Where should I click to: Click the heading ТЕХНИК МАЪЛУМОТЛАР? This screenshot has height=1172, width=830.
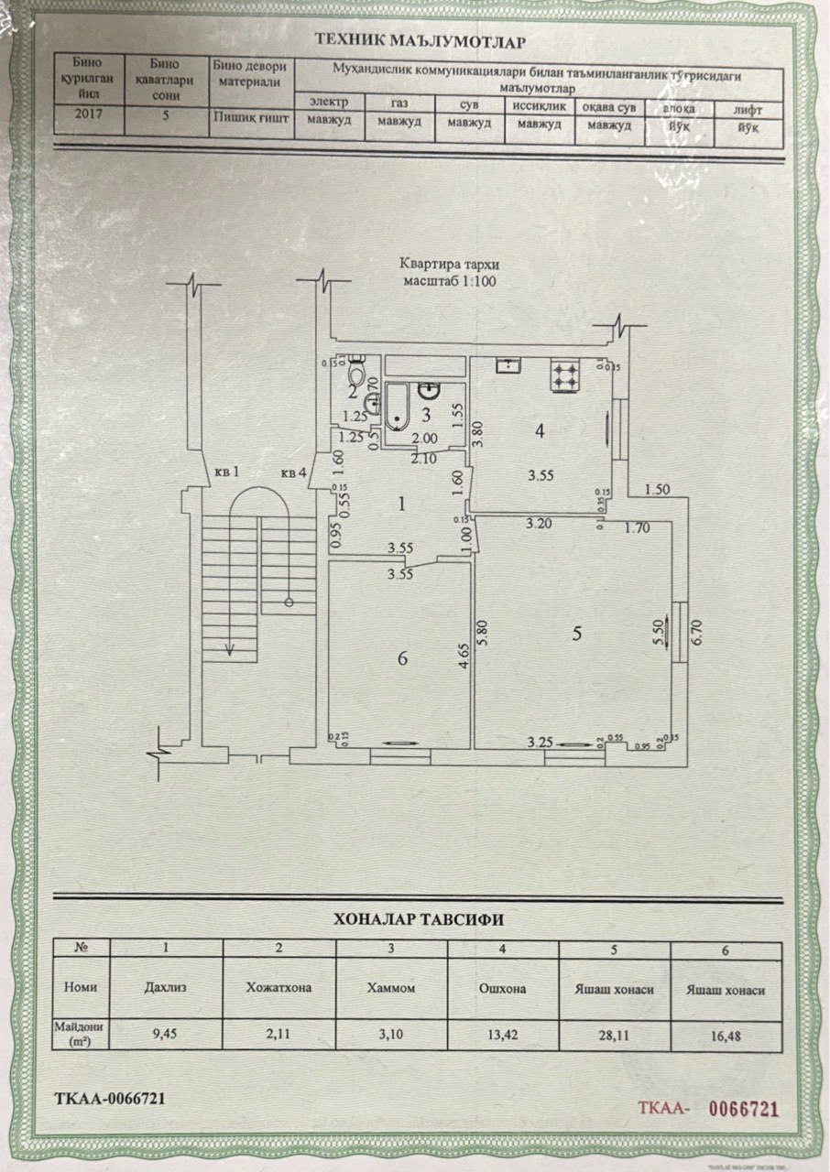[x=420, y=39]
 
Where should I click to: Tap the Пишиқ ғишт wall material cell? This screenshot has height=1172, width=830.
[x=250, y=117]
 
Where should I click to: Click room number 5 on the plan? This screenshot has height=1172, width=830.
[x=576, y=633]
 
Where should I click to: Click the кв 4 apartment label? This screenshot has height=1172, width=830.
[x=293, y=473]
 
